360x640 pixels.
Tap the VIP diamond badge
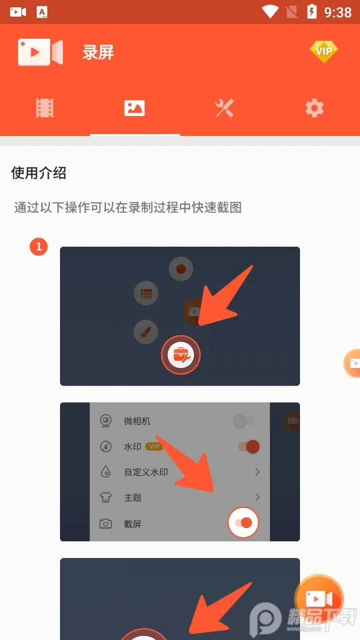click(x=324, y=51)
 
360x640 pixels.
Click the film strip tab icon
click(x=45, y=108)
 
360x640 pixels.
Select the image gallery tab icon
click(x=135, y=108)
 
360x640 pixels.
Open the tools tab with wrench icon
click(x=225, y=108)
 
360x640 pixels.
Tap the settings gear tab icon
click(x=314, y=108)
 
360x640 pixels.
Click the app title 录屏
click(x=99, y=53)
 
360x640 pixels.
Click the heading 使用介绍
click(x=39, y=173)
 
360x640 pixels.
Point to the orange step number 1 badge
click(x=39, y=247)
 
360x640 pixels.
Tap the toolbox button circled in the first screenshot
click(x=181, y=355)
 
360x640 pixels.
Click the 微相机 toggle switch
click(x=243, y=421)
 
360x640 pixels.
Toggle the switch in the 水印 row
click(x=248, y=447)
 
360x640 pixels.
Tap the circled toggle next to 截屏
click(x=243, y=523)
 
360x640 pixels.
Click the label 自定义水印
click(x=146, y=472)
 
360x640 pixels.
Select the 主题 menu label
click(x=133, y=497)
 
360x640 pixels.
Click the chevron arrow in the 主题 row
click(x=257, y=497)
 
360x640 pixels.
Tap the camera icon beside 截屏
click(x=105, y=524)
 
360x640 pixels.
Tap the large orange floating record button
click(x=319, y=598)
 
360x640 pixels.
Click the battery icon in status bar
click(x=311, y=11)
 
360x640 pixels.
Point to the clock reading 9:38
click(x=338, y=12)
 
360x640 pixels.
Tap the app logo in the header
click(x=40, y=52)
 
